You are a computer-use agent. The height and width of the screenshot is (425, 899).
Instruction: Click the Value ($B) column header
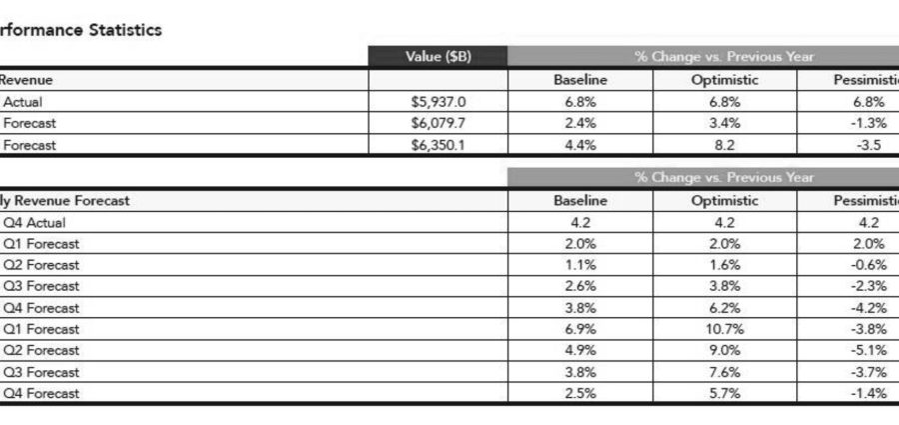[x=439, y=57]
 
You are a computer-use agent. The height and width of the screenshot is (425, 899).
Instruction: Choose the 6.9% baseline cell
[x=580, y=329]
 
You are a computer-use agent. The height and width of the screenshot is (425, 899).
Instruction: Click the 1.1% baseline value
[x=580, y=265]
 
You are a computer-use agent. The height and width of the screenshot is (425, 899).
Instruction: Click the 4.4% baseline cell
[x=580, y=145]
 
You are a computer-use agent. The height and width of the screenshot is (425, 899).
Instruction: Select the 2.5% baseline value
[x=580, y=393]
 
